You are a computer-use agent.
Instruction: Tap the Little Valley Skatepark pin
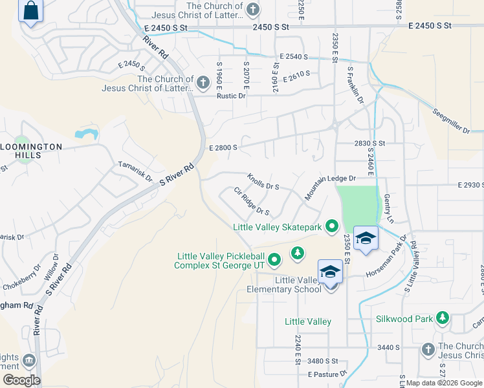click(x=332, y=226)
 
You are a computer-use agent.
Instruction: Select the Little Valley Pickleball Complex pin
click(x=274, y=260)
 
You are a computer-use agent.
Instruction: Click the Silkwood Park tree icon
click(x=443, y=318)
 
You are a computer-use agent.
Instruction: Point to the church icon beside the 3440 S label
click(x=428, y=350)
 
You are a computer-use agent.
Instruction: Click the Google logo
click(x=21, y=380)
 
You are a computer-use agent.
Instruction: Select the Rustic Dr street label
click(x=231, y=96)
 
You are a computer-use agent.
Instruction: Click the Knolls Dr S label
click(x=263, y=182)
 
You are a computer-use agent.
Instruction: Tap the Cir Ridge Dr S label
click(x=252, y=202)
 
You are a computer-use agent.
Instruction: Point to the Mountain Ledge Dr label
click(x=331, y=186)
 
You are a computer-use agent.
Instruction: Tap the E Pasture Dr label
click(x=327, y=374)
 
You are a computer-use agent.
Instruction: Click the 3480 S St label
click(x=323, y=361)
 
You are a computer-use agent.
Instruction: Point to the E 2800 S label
click(x=223, y=147)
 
